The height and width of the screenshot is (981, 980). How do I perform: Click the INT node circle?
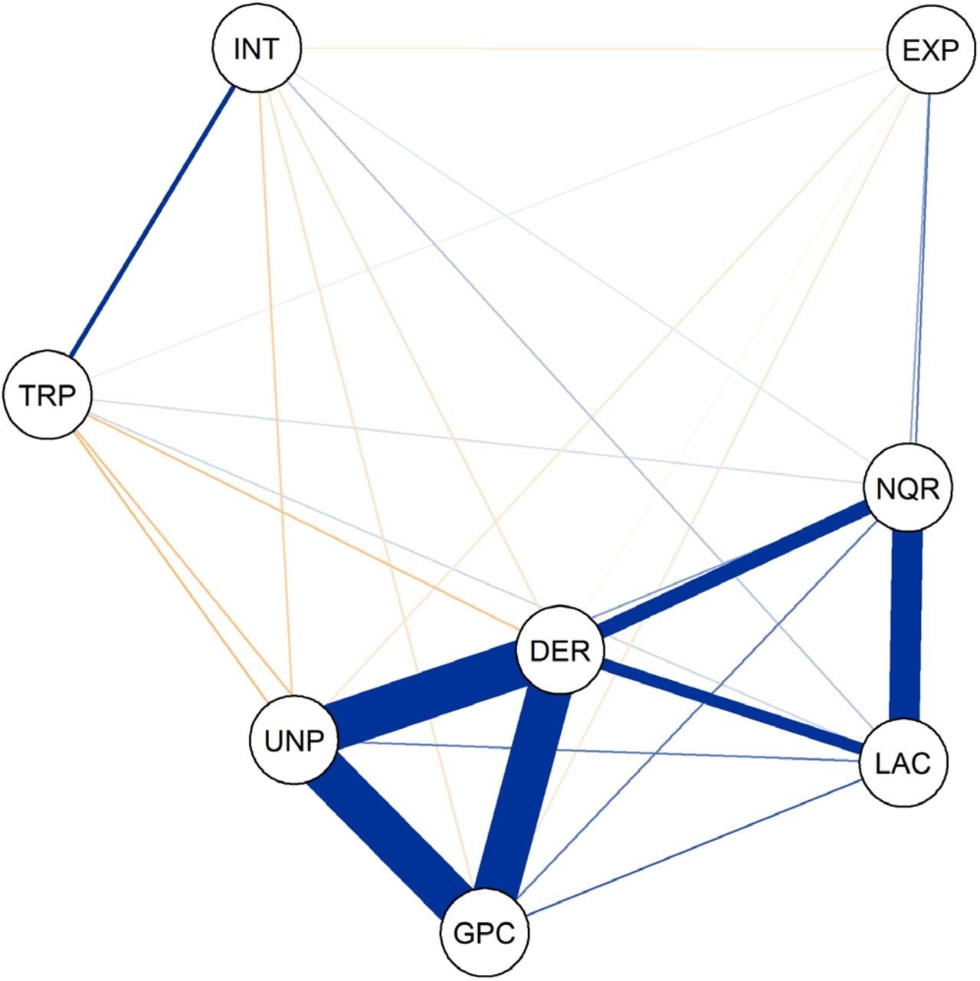coord(256,50)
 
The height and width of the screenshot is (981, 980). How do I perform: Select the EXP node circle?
coord(929,51)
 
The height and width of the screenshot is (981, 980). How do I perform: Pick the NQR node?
coord(907,488)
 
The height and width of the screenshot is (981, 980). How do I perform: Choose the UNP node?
coord(293,741)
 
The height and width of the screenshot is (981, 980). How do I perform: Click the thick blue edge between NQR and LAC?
coord(906,625)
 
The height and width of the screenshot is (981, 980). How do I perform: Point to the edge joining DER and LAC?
coord(732,706)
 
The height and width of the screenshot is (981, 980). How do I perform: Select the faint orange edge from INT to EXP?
coord(590,50)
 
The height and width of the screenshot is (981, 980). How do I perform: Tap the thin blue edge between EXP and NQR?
coord(919,268)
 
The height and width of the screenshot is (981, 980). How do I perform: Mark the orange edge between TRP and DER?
coord(306,521)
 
